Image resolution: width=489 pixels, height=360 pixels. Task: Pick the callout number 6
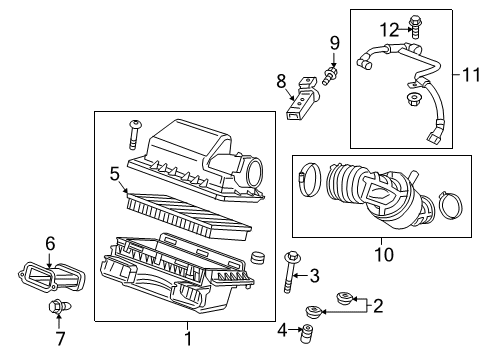pyautogui.click(x=50, y=242)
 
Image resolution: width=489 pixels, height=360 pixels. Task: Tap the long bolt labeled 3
pyautogui.click(x=290, y=272)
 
